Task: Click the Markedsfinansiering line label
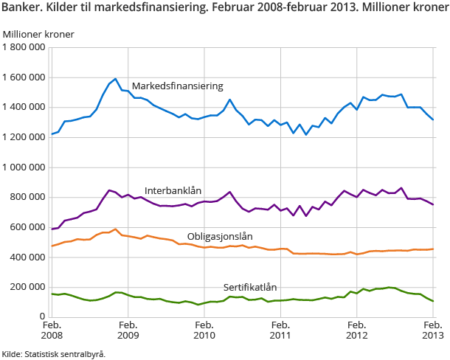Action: [177, 86]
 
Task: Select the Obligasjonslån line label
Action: [220, 237]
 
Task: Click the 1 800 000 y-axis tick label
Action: [24, 47]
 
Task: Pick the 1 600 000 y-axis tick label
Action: [24, 77]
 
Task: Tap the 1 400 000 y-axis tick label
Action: [24, 107]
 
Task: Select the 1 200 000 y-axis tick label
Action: [24, 137]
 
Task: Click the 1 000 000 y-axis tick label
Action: [24, 167]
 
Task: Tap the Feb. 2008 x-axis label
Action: [52, 330]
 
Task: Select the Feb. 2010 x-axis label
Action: [204, 330]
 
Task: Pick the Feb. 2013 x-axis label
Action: [433, 330]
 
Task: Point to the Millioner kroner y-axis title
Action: [38, 34]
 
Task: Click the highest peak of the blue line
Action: [116, 79]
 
